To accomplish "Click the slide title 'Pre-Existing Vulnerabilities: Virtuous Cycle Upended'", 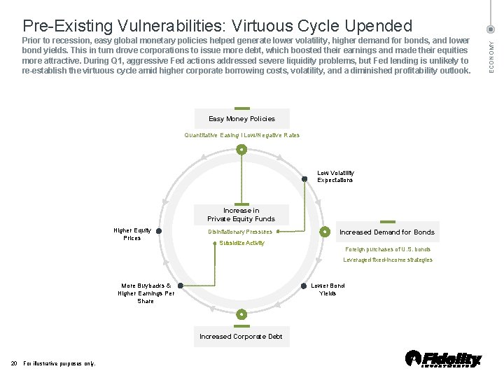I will [x=218, y=26].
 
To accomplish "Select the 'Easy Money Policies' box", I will [x=241, y=119].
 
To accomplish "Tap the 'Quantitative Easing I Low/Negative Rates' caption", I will [x=241, y=135].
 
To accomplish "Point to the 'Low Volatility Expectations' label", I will [x=335, y=176].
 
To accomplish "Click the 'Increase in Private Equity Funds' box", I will [x=241, y=214].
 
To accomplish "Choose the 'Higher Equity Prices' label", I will [x=132, y=234].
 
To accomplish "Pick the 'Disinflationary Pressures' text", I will [x=240, y=232].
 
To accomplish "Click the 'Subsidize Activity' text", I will [x=241, y=243].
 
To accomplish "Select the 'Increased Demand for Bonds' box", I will [x=386, y=232].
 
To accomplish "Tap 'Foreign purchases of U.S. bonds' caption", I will [x=388, y=249].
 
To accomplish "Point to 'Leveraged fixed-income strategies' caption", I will [x=388, y=260].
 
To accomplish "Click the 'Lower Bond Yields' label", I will [x=328, y=289].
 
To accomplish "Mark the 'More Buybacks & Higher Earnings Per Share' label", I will [x=146, y=293].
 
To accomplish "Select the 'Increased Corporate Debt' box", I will [x=241, y=337].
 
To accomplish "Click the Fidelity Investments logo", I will [x=444, y=359].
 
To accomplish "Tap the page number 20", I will [x=14, y=363].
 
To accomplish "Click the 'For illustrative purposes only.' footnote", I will [x=59, y=363].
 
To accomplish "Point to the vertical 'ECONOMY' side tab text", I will [x=491, y=54].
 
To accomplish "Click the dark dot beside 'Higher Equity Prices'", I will [x=159, y=231].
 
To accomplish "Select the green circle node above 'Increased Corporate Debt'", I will [x=241, y=314].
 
